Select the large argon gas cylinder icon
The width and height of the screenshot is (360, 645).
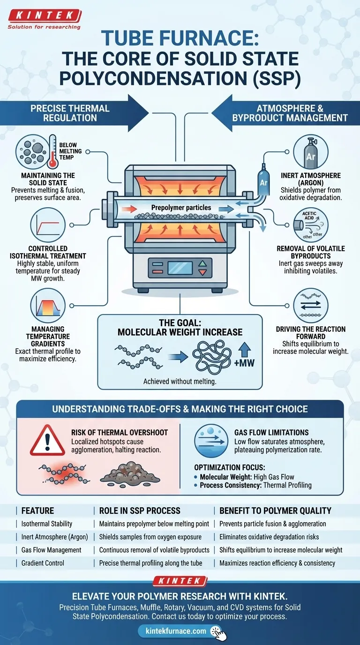coord(310,153)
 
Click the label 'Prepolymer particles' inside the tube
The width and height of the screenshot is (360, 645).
coord(181,207)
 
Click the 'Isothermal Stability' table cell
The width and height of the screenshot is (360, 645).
coord(47,524)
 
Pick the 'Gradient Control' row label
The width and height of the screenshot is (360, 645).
coord(44,563)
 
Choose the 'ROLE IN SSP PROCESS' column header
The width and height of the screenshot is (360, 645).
coord(140,510)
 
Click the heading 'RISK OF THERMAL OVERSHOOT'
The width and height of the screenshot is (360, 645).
coord(119,432)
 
